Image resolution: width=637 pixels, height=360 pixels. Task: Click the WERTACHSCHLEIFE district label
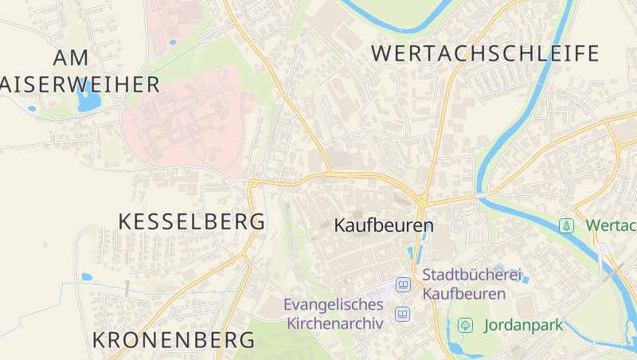click(485, 54)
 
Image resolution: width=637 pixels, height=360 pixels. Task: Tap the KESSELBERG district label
click(191, 221)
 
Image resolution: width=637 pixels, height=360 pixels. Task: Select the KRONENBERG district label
click(174, 340)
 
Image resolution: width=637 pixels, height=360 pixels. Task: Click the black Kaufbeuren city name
click(384, 225)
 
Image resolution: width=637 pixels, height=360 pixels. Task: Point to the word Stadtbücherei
click(471, 276)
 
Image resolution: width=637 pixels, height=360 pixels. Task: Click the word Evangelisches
click(334, 304)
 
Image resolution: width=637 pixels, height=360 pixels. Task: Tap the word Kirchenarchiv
click(334, 323)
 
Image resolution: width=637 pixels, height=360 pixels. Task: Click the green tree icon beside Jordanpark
click(465, 325)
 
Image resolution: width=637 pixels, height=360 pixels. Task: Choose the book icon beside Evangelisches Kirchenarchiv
click(403, 314)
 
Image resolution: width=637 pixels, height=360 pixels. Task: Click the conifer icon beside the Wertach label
click(566, 225)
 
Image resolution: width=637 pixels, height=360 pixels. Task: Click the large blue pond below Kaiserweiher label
click(87, 101)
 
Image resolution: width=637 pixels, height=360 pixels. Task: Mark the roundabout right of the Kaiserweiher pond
click(120, 104)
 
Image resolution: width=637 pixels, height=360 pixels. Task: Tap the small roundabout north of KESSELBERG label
click(253, 184)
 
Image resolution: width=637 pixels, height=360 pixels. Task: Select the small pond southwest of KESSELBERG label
click(86, 277)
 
